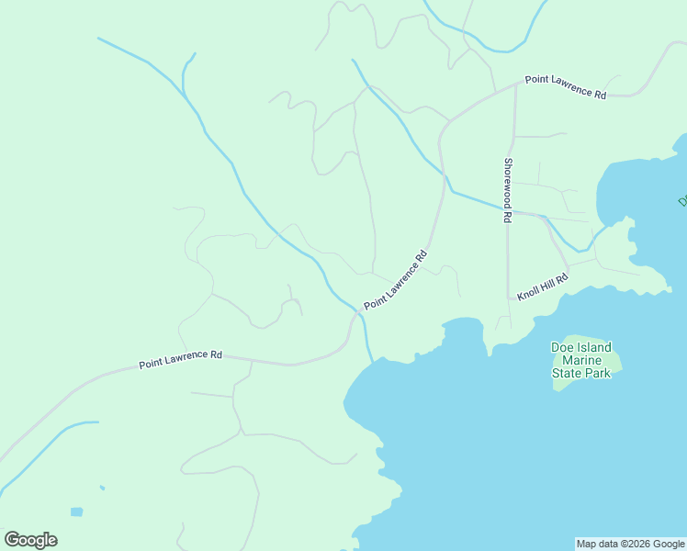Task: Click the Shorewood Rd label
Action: (507, 191)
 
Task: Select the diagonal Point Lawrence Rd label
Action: (396, 279)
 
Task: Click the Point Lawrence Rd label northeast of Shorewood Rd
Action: (566, 86)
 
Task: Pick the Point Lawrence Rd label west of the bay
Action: (181, 359)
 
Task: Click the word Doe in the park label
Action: (563, 347)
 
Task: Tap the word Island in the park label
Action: (594, 347)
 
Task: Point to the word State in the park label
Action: (567, 374)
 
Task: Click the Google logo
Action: (31, 540)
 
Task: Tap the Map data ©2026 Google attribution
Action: (630, 544)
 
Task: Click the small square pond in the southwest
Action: (76, 512)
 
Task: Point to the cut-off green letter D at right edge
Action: (682, 199)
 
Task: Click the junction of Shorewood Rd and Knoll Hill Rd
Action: (509, 298)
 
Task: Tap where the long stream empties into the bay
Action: (372, 361)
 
